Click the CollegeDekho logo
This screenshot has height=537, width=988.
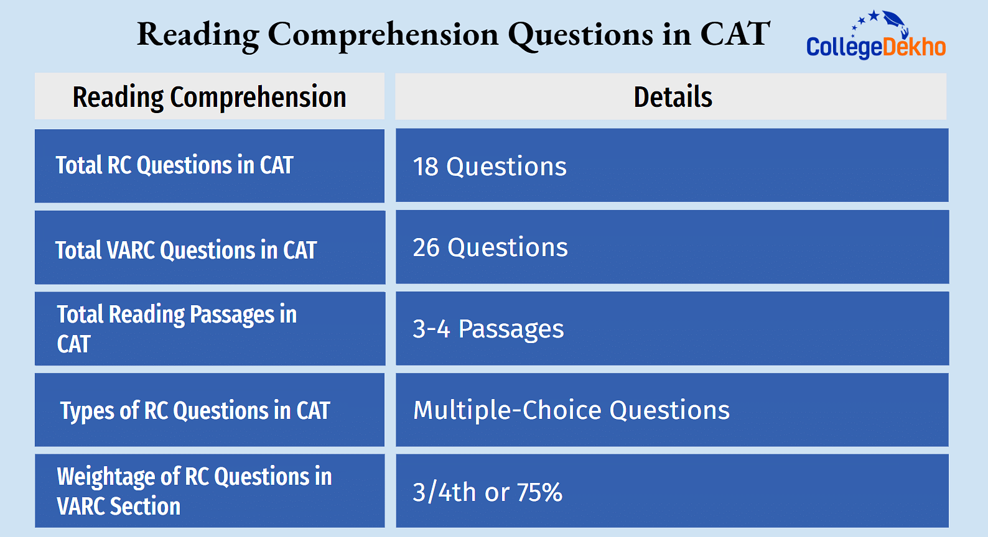tap(876, 35)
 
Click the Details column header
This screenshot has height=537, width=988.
tap(673, 97)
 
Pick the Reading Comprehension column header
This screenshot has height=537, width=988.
tap(210, 98)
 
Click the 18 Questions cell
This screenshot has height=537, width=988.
tap(490, 167)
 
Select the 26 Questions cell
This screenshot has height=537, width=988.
tap(490, 247)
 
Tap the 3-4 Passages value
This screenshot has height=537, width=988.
tap(488, 329)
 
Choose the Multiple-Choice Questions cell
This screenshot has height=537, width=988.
tap(571, 410)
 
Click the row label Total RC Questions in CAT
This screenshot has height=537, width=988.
tap(174, 166)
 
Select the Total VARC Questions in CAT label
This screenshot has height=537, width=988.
tap(185, 250)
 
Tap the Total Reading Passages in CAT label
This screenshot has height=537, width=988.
tap(177, 329)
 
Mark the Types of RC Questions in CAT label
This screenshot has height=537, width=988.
tap(195, 411)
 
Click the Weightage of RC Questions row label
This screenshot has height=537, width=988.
tap(194, 491)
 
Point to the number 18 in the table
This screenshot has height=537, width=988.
tap(426, 167)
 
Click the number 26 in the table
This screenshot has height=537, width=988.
tap(426, 247)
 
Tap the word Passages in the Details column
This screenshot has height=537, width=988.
tap(511, 329)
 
